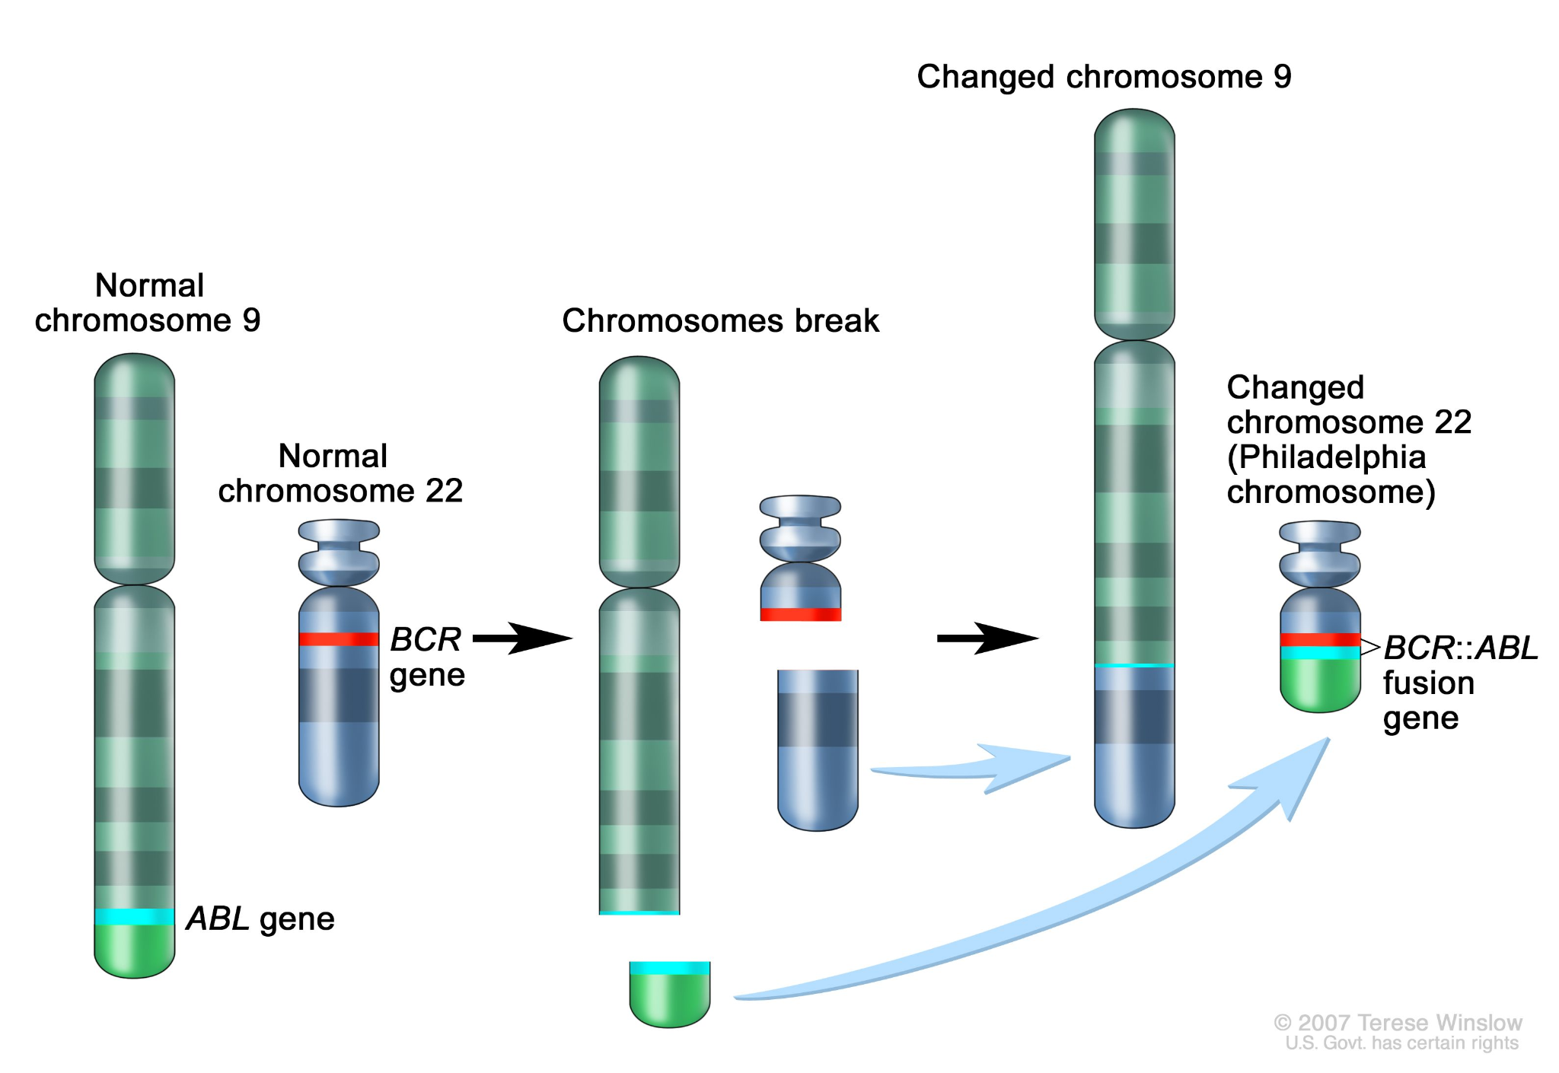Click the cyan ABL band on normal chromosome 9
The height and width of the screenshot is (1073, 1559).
click(x=135, y=916)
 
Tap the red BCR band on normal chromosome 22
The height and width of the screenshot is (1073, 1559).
click(x=339, y=639)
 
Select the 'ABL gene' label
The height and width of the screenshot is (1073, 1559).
click(x=260, y=919)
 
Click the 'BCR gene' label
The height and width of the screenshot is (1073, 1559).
click(x=426, y=657)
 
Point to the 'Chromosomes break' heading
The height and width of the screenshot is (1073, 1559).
click(x=720, y=320)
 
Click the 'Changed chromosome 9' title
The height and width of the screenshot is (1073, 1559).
click(x=1104, y=77)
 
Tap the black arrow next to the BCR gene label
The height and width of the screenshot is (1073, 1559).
click(x=522, y=638)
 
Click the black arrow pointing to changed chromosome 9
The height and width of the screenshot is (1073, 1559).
click(x=987, y=638)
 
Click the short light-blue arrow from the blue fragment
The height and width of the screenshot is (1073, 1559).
click(x=982, y=769)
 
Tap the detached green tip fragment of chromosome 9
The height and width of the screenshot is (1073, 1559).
click(x=670, y=997)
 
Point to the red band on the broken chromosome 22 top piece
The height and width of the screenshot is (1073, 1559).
click(x=801, y=614)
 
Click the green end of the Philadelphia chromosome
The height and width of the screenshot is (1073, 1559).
click(x=1320, y=685)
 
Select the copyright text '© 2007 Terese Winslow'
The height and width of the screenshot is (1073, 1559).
click(x=1398, y=1022)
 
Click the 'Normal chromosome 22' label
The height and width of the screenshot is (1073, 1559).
click(x=340, y=473)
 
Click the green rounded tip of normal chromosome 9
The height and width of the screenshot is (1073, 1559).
click(x=135, y=951)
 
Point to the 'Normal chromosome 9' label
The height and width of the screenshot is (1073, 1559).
click(x=148, y=303)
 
